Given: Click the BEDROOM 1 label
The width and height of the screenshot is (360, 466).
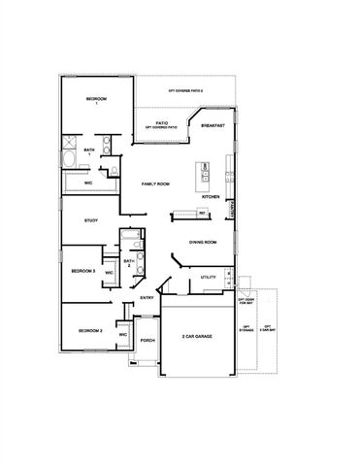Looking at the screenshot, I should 94,101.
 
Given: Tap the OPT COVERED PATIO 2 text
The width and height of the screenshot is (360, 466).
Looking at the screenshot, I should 184,90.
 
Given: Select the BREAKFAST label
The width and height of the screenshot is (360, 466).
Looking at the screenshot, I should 213,125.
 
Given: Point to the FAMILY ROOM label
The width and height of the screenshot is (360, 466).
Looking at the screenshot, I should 156,183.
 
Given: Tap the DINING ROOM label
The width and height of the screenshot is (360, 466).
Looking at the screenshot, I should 202,242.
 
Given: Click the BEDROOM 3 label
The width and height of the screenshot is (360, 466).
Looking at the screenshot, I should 82,272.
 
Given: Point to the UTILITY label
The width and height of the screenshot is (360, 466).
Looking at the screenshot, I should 208,278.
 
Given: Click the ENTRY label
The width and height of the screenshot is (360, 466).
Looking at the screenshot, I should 147,298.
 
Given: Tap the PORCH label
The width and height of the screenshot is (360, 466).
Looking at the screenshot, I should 147,341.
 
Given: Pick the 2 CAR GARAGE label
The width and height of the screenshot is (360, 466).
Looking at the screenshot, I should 196,336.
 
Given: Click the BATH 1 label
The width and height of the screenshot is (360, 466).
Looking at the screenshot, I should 89,150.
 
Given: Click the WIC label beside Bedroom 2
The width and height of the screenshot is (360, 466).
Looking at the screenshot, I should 123,334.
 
